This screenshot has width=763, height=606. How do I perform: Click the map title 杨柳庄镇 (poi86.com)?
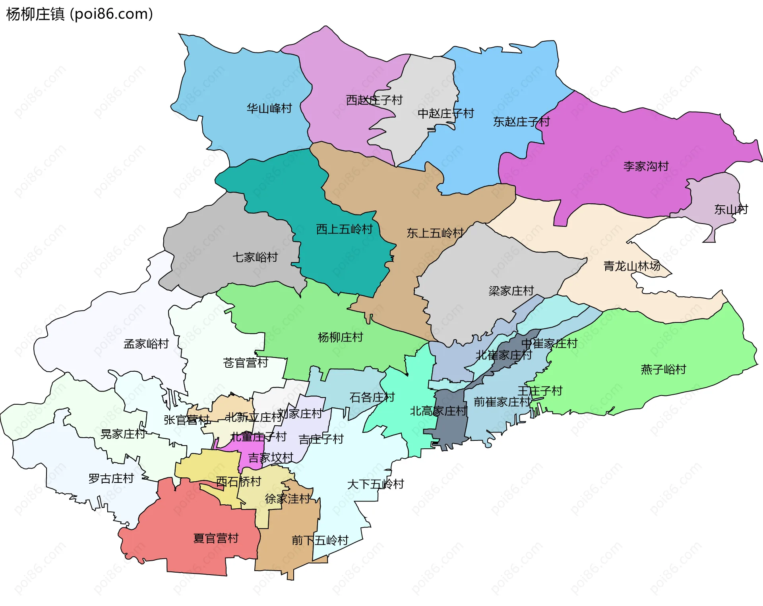(x=79, y=14)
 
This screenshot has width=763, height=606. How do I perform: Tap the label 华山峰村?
(x=269, y=108)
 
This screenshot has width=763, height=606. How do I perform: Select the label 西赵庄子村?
(x=374, y=100)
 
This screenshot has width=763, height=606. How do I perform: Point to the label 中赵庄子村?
(x=445, y=114)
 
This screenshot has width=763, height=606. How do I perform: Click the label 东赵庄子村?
(x=521, y=122)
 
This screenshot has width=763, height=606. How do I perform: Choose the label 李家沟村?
(x=646, y=166)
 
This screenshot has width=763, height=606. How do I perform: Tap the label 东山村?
(x=731, y=209)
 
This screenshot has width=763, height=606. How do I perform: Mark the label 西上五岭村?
(x=344, y=229)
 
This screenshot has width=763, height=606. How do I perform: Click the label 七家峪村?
(x=255, y=257)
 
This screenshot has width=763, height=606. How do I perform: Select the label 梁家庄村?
(x=511, y=291)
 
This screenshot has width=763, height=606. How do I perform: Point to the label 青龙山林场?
(x=632, y=266)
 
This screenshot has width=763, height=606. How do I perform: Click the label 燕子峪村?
(x=663, y=369)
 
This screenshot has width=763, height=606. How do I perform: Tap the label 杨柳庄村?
(x=341, y=338)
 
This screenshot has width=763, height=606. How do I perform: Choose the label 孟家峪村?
(x=146, y=344)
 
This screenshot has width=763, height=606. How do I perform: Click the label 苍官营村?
(x=246, y=363)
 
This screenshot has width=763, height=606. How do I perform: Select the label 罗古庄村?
(x=111, y=479)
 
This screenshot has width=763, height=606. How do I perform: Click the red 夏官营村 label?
(x=216, y=538)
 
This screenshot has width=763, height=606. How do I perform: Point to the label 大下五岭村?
(x=375, y=484)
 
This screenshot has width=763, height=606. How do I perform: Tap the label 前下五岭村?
(x=320, y=540)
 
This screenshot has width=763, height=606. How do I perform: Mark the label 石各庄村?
(x=372, y=398)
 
